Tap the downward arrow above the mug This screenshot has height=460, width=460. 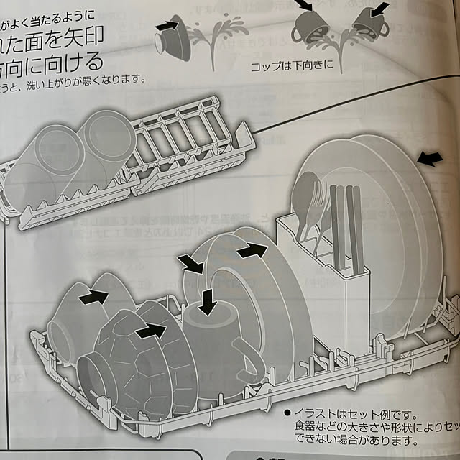click(208, 301)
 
